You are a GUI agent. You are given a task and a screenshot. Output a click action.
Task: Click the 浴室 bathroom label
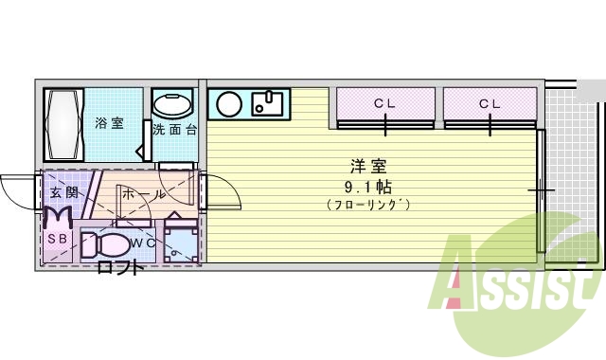[x=109, y=123]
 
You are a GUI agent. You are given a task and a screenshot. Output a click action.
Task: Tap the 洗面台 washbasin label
[x=174, y=130]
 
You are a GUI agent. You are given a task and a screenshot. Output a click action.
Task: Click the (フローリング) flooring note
[x=368, y=204]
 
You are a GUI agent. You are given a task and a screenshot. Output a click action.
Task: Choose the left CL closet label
[x=384, y=103]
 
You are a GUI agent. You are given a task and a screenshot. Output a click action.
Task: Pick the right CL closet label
[x=490, y=103]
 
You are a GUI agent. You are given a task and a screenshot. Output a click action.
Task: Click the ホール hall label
[x=145, y=194]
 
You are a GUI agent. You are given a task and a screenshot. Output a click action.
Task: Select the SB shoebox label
[x=57, y=240]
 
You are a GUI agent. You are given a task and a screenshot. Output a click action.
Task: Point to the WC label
[x=143, y=243]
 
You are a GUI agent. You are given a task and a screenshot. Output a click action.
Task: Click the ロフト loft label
[x=121, y=268]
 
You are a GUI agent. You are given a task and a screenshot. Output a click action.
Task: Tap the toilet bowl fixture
[x=106, y=244]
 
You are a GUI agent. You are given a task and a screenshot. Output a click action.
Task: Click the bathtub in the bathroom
[x=64, y=124]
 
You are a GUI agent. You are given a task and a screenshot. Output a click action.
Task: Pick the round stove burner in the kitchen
[x=228, y=103]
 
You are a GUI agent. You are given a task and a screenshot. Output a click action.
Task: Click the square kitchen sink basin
[x=270, y=101]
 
